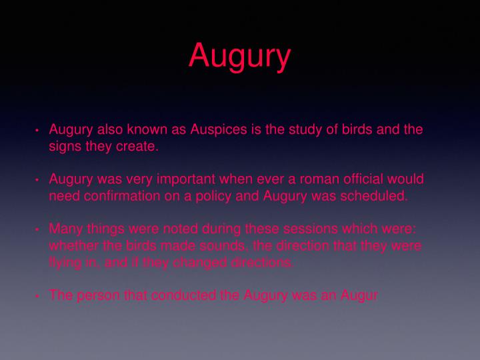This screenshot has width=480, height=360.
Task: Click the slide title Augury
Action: [x=239, y=55]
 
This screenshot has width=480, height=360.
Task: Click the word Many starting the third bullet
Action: [x=65, y=229]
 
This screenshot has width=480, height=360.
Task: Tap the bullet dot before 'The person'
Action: [x=38, y=296]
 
